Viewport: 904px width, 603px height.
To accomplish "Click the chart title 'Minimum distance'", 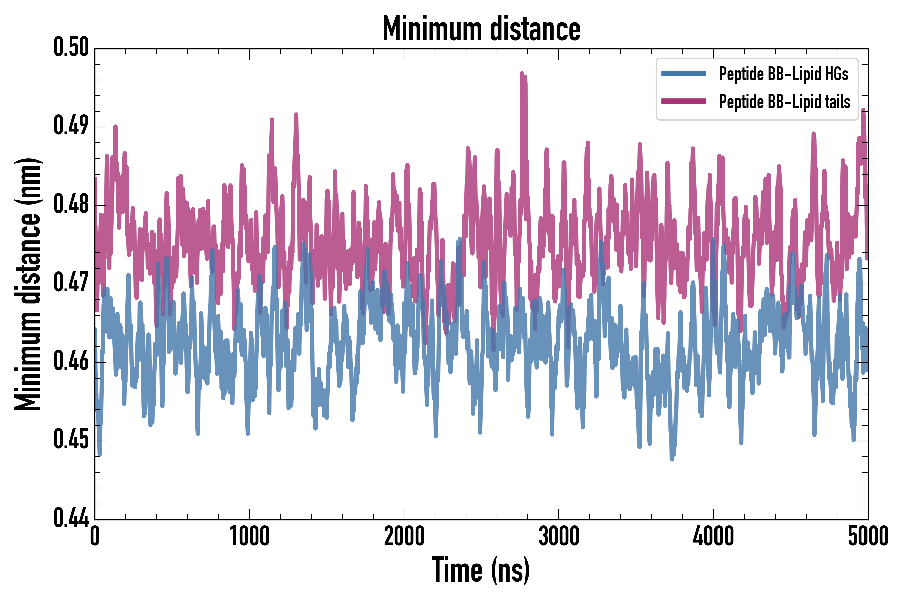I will [x=481, y=28].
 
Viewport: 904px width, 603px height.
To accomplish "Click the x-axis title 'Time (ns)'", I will [x=481, y=570].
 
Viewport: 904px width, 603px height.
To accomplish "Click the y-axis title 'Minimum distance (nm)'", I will [x=28, y=284].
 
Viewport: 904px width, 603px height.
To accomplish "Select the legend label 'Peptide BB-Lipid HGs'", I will [x=783, y=74].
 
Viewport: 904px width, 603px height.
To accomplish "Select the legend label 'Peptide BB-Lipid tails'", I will [x=784, y=102].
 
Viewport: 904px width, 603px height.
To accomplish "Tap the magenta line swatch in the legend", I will [x=683, y=102].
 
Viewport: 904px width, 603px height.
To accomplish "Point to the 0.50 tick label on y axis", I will [x=71, y=47].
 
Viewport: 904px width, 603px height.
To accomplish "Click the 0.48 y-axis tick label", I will [x=71, y=204].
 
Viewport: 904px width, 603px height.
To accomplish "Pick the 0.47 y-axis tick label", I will [x=71, y=283].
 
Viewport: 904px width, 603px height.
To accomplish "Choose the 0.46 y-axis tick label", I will [x=71, y=361].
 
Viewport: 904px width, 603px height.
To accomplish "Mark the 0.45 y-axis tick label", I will [x=71, y=440].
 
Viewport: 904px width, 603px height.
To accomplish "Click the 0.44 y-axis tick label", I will [x=71, y=518].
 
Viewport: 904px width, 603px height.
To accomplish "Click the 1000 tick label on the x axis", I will [x=249, y=536].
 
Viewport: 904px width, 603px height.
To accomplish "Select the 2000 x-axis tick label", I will [x=404, y=536].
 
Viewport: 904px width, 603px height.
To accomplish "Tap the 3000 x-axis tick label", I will [x=558, y=536].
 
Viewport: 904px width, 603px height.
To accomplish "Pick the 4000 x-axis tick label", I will [x=713, y=536].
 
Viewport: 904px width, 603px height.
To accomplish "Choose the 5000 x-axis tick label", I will [x=868, y=536].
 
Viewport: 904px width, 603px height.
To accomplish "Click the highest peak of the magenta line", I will [x=522, y=73].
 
